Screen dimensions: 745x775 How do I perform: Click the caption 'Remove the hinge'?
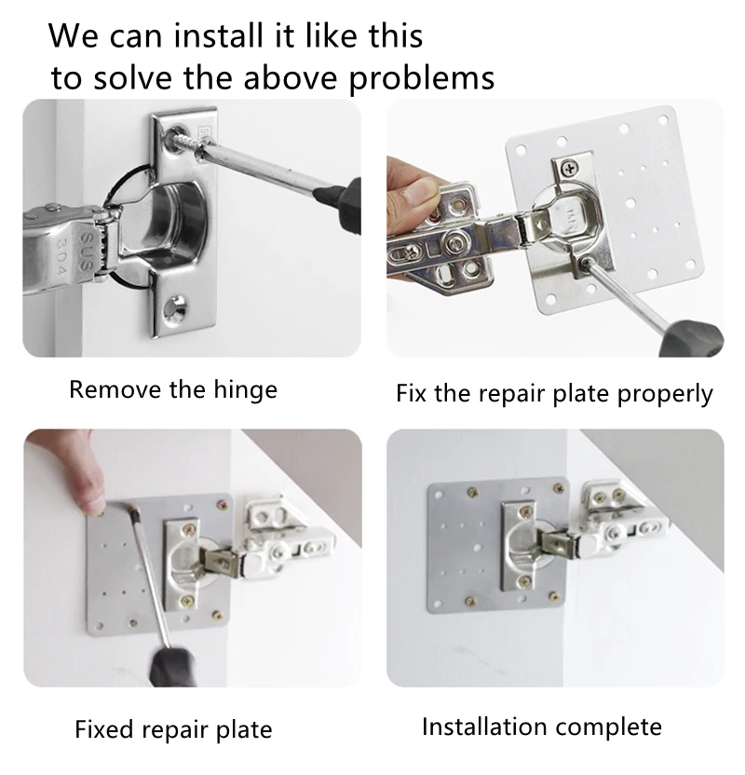tap(173, 390)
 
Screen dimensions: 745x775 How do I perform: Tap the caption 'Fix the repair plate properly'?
tap(554, 394)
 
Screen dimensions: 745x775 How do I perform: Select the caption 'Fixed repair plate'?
tap(173, 730)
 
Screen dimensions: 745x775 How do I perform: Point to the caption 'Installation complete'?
tap(542, 727)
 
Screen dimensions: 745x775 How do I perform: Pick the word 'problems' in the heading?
tap(422, 78)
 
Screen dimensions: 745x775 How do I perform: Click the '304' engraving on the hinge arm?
tap(61, 257)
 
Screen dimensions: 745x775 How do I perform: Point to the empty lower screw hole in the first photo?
tap(176, 307)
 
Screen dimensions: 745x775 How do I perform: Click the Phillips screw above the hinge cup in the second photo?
tap(570, 169)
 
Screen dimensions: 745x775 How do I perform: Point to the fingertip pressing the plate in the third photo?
tap(94, 505)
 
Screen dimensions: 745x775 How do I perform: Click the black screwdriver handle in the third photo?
tap(174, 667)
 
